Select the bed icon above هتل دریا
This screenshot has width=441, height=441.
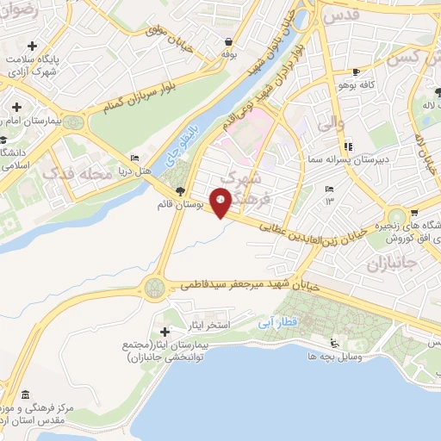pos(133,158)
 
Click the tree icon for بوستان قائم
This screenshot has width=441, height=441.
pos(179,191)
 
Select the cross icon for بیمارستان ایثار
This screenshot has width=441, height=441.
pos(165,332)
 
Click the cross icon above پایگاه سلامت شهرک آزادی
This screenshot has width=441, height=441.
pos(31,45)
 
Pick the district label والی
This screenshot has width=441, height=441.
pos(331,125)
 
